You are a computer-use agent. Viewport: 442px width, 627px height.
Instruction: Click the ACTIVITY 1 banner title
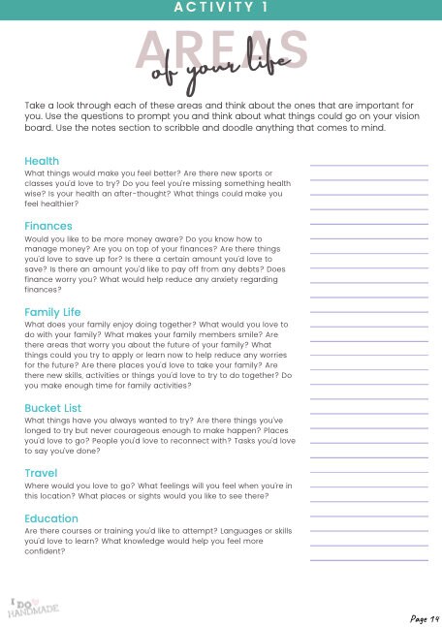pos(220,8)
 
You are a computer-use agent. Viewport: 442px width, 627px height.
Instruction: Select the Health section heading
pos(42,161)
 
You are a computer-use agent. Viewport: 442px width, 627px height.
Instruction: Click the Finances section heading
pos(48,226)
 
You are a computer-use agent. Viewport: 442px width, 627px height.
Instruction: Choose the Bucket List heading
pos(54,408)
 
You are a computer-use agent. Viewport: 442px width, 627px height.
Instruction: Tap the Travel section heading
pos(41,473)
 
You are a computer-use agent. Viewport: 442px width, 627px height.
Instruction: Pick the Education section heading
pos(51,518)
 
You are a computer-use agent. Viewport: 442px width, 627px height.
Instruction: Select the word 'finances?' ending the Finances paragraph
pos(43,289)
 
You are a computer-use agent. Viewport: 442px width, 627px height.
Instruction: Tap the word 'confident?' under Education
pos(45,551)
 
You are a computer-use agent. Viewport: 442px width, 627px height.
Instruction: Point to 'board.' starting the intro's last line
pos(39,128)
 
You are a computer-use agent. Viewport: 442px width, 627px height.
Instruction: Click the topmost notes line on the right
pos(368,166)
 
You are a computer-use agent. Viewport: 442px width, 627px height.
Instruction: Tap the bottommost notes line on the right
pos(368,560)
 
